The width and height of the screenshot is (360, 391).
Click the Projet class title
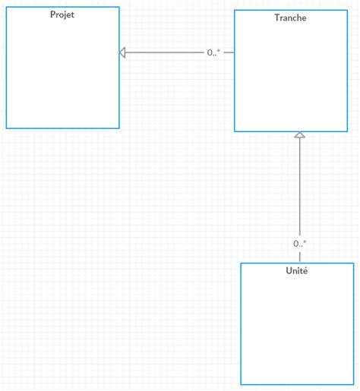tap(62, 15)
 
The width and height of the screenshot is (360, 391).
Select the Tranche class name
tap(291, 18)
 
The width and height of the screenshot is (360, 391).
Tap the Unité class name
tap(297, 271)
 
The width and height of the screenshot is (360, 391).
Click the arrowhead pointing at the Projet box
tap(123, 52)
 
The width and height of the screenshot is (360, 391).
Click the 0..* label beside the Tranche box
tap(213, 52)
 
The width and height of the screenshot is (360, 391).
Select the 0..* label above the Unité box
tap(300, 244)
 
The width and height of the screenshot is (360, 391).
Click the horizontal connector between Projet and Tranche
tap(167, 52)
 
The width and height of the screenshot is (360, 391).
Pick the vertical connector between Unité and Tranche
tap(300, 190)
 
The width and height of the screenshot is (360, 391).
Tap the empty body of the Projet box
tap(62, 76)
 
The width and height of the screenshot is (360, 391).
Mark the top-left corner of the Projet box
tap(6, 7)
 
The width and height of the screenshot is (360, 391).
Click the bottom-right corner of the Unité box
tap(353, 385)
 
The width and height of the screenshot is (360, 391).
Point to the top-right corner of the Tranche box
tap(347, 10)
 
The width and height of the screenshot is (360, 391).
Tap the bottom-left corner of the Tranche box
tap(235, 132)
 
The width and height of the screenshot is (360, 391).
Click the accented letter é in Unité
tap(305, 271)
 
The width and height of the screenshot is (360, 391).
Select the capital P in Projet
tap(52, 15)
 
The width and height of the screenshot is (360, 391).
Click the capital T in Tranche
tap(277, 18)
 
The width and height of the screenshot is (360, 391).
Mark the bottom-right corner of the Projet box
tap(119, 128)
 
